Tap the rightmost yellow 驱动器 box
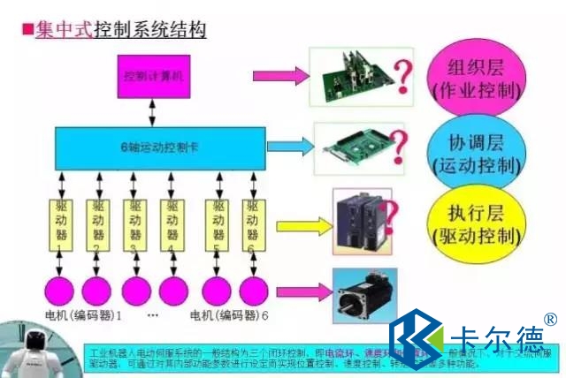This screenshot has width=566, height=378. (252, 223)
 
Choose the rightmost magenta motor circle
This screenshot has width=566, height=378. (253, 289)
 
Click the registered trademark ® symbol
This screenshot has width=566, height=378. (550, 319)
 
